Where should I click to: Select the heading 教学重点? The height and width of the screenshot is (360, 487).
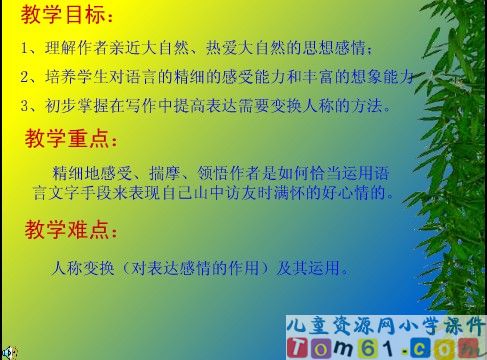[x=68, y=138]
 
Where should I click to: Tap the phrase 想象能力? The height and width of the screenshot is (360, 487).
[x=384, y=77]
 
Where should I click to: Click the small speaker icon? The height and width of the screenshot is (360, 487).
[x=9, y=352]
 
